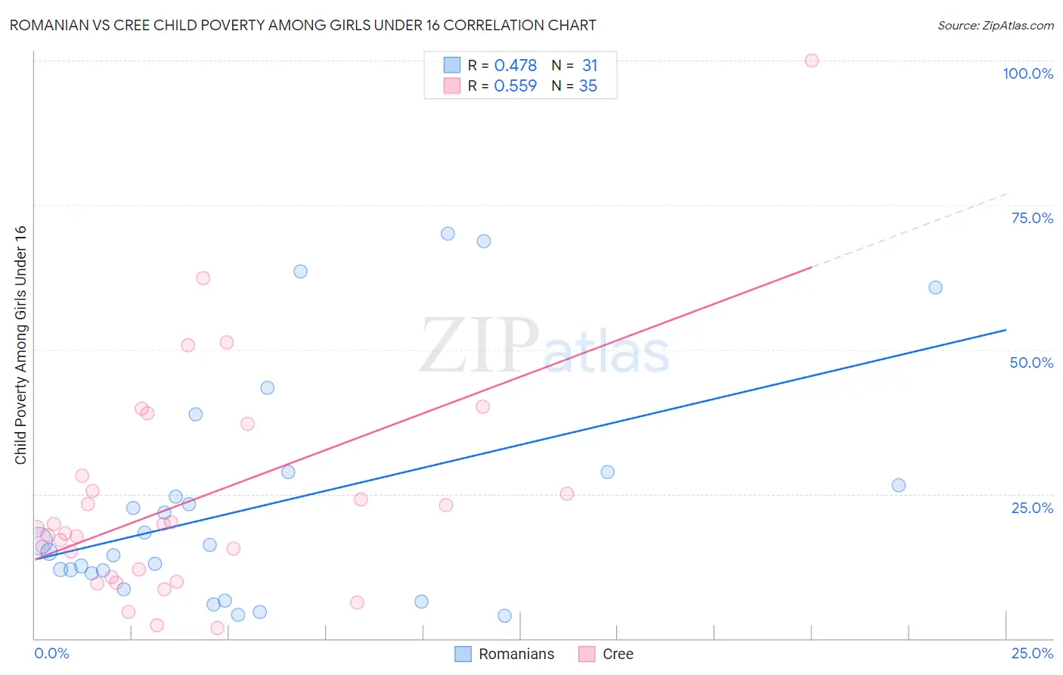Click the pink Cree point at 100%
pyautogui.click(x=811, y=61)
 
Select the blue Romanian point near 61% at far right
pyautogui.click(x=935, y=288)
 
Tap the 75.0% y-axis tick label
pyautogui.click(x=1032, y=218)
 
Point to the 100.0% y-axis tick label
pyautogui.click(x=1027, y=73)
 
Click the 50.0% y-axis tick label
pyautogui.click(x=1031, y=362)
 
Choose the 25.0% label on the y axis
pyautogui.click(x=1032, y=507)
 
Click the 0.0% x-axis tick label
pyautogui.click(x=51, y=653)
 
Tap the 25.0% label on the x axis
pyautogui.click(x=1032, y=653)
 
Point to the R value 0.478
pyautogui.click(x=515, y=66)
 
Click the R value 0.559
pyautogui.click(x=515, y=86)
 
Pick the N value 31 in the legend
pyautogui.click(x=590, y=66)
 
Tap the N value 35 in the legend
pyautogui.click(x=588, y=86)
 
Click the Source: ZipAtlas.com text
pyautogui.click(x=995, y=25)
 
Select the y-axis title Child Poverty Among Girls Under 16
pyautogui.click(x=20, y=345)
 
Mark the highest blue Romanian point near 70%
pyautogui.click(x=448, y=234)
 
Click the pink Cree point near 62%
pyautogui.click(x=203, y=278)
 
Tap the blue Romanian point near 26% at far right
pyautogui.click(x=898, y=485)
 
